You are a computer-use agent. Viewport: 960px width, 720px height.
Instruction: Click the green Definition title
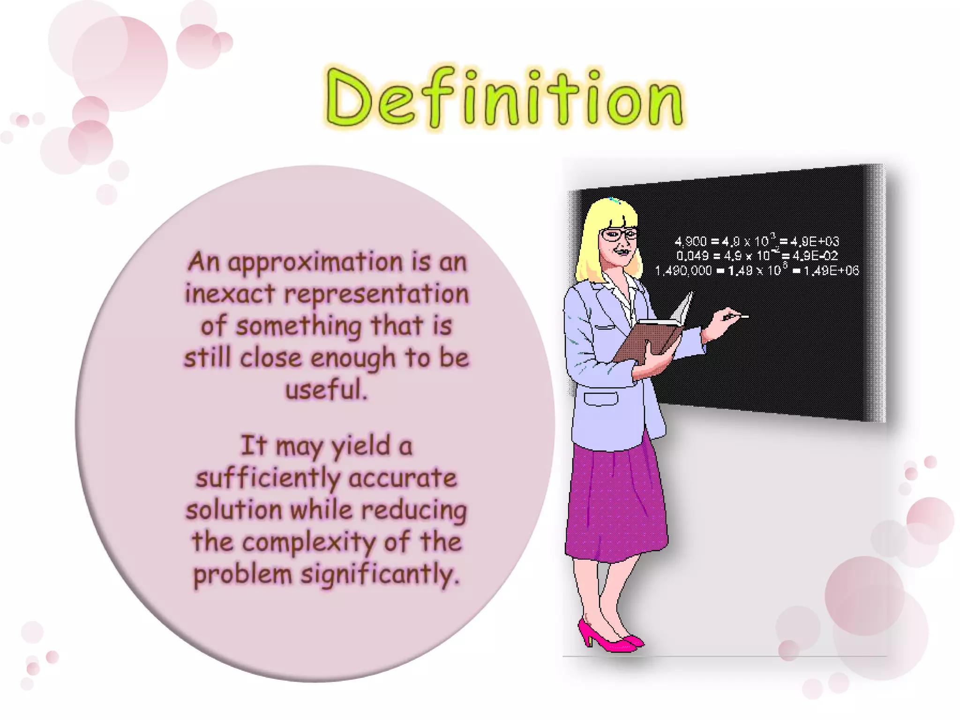coord(504,98)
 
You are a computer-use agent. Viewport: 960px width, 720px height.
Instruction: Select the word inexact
coord(230,294)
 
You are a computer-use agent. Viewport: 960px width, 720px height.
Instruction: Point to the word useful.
coord(326,390)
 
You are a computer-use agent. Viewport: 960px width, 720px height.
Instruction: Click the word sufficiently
coord(268,479)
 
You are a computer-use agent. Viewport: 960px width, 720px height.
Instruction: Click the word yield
coord(360,447)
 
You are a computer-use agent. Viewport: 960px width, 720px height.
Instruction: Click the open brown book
coord(652,335)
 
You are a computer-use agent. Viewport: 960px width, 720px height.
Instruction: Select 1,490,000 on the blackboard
coord(683,271)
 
